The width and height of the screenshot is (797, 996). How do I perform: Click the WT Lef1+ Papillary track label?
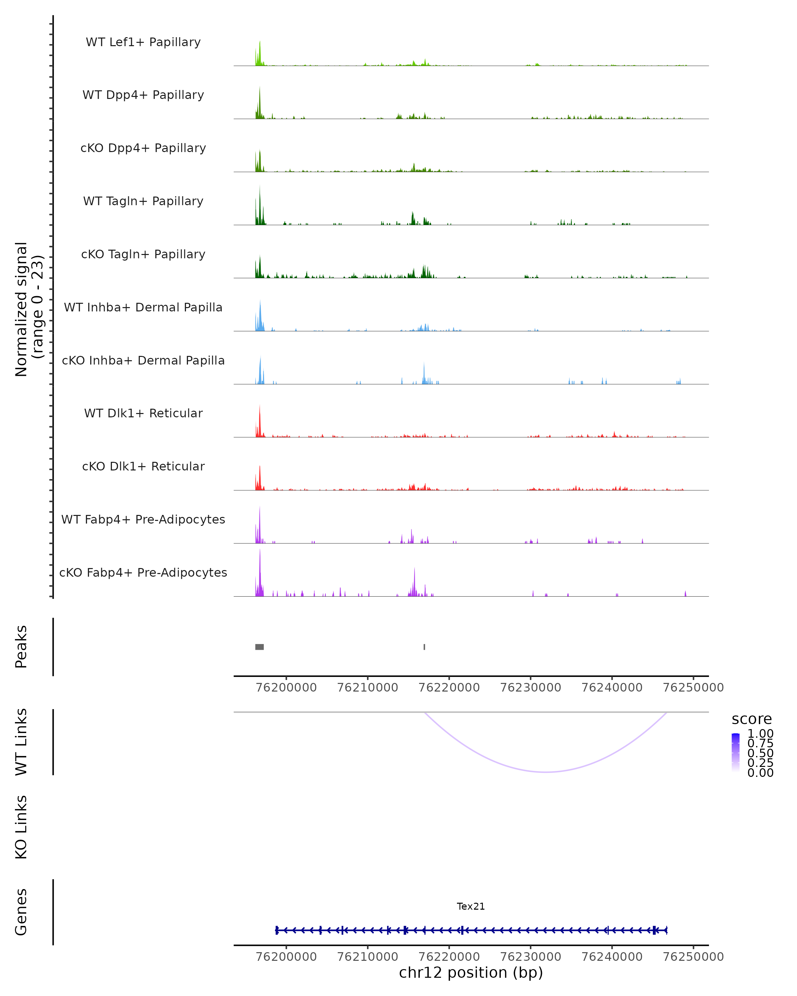[x=143, y=42]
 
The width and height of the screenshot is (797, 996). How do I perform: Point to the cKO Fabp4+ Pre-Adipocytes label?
[x=143, y=572]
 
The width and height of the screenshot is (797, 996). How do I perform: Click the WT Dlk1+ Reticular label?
[x=143, y=413]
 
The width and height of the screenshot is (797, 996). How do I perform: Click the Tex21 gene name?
[x=471, y=906]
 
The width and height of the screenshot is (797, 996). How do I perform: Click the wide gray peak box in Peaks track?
[x=260, y=647]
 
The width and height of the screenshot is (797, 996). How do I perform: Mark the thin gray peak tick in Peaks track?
[x=424, y=647]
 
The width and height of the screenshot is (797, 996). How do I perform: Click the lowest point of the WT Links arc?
[x=546, y=772]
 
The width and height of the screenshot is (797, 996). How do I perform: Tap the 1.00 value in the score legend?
[x=760, y=734]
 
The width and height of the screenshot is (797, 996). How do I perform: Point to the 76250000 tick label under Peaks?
[x=693, y=688]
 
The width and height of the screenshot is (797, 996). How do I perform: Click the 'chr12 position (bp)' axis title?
[x=471, y=973]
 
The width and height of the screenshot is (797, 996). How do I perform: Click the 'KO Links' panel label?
[x=21, y=827]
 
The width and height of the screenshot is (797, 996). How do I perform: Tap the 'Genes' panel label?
[x=21, y=912]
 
